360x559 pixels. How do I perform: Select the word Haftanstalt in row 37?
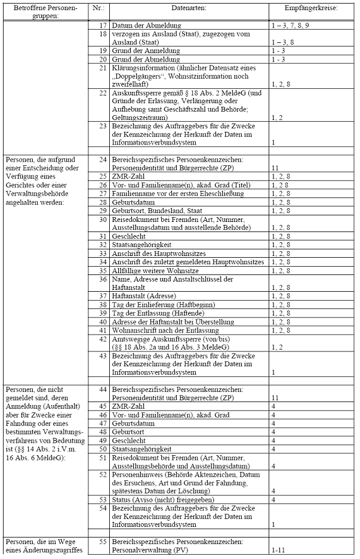[x=131, y=295]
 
